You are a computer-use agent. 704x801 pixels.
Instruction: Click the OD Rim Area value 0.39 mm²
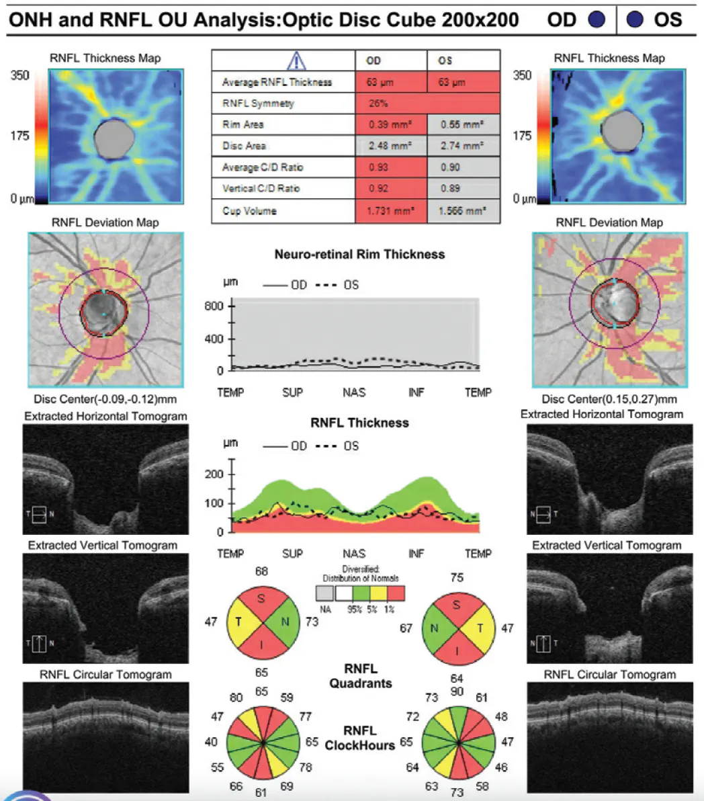pos(390,125)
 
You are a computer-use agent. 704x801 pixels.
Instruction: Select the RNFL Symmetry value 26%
pos(378,103)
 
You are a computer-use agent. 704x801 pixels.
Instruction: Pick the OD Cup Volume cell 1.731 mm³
pos(390,211)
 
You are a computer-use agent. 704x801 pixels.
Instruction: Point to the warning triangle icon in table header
pos(296,61)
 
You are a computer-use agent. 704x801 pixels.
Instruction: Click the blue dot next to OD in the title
pos(596,19)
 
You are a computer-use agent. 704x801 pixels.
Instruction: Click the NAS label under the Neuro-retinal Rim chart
pos(354,392)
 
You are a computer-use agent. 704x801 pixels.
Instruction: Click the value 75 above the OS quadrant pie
pos(457,577)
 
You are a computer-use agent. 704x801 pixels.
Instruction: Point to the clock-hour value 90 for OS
pos(457,691)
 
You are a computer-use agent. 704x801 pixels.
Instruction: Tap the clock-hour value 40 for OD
pos(211,742)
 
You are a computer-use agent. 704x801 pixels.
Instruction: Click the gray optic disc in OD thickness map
pos(110,140)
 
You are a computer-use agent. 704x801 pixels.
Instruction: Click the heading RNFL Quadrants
pos(361,676)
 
